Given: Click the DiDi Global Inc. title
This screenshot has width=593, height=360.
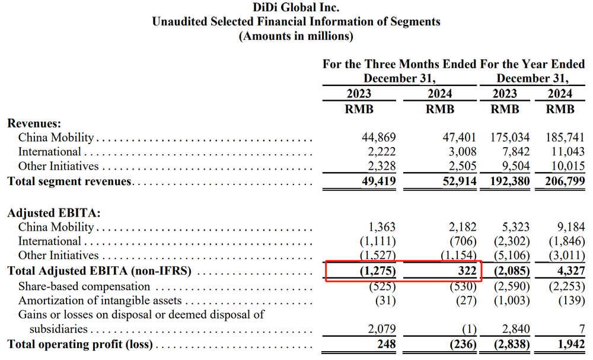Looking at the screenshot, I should [296, 8].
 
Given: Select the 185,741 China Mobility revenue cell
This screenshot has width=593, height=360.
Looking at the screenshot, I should [565, 138].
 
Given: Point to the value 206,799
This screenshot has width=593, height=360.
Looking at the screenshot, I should [565, 181].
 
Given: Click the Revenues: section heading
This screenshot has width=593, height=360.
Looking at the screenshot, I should [34, 123].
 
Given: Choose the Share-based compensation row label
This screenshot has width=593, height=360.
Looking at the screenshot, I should [84, 286].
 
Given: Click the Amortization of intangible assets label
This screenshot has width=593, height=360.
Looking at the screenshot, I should [100, 301].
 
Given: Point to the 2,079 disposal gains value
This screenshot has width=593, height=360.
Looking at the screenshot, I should [381, 329].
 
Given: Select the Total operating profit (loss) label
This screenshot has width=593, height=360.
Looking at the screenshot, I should [80, 344].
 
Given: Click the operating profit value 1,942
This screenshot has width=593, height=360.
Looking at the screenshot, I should [572, 344].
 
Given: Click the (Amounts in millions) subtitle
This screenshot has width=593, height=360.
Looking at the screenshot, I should [296, 36].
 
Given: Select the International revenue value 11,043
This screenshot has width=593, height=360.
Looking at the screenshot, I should [568, 152].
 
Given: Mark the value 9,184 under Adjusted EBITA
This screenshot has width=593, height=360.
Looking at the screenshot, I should [572, 227].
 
